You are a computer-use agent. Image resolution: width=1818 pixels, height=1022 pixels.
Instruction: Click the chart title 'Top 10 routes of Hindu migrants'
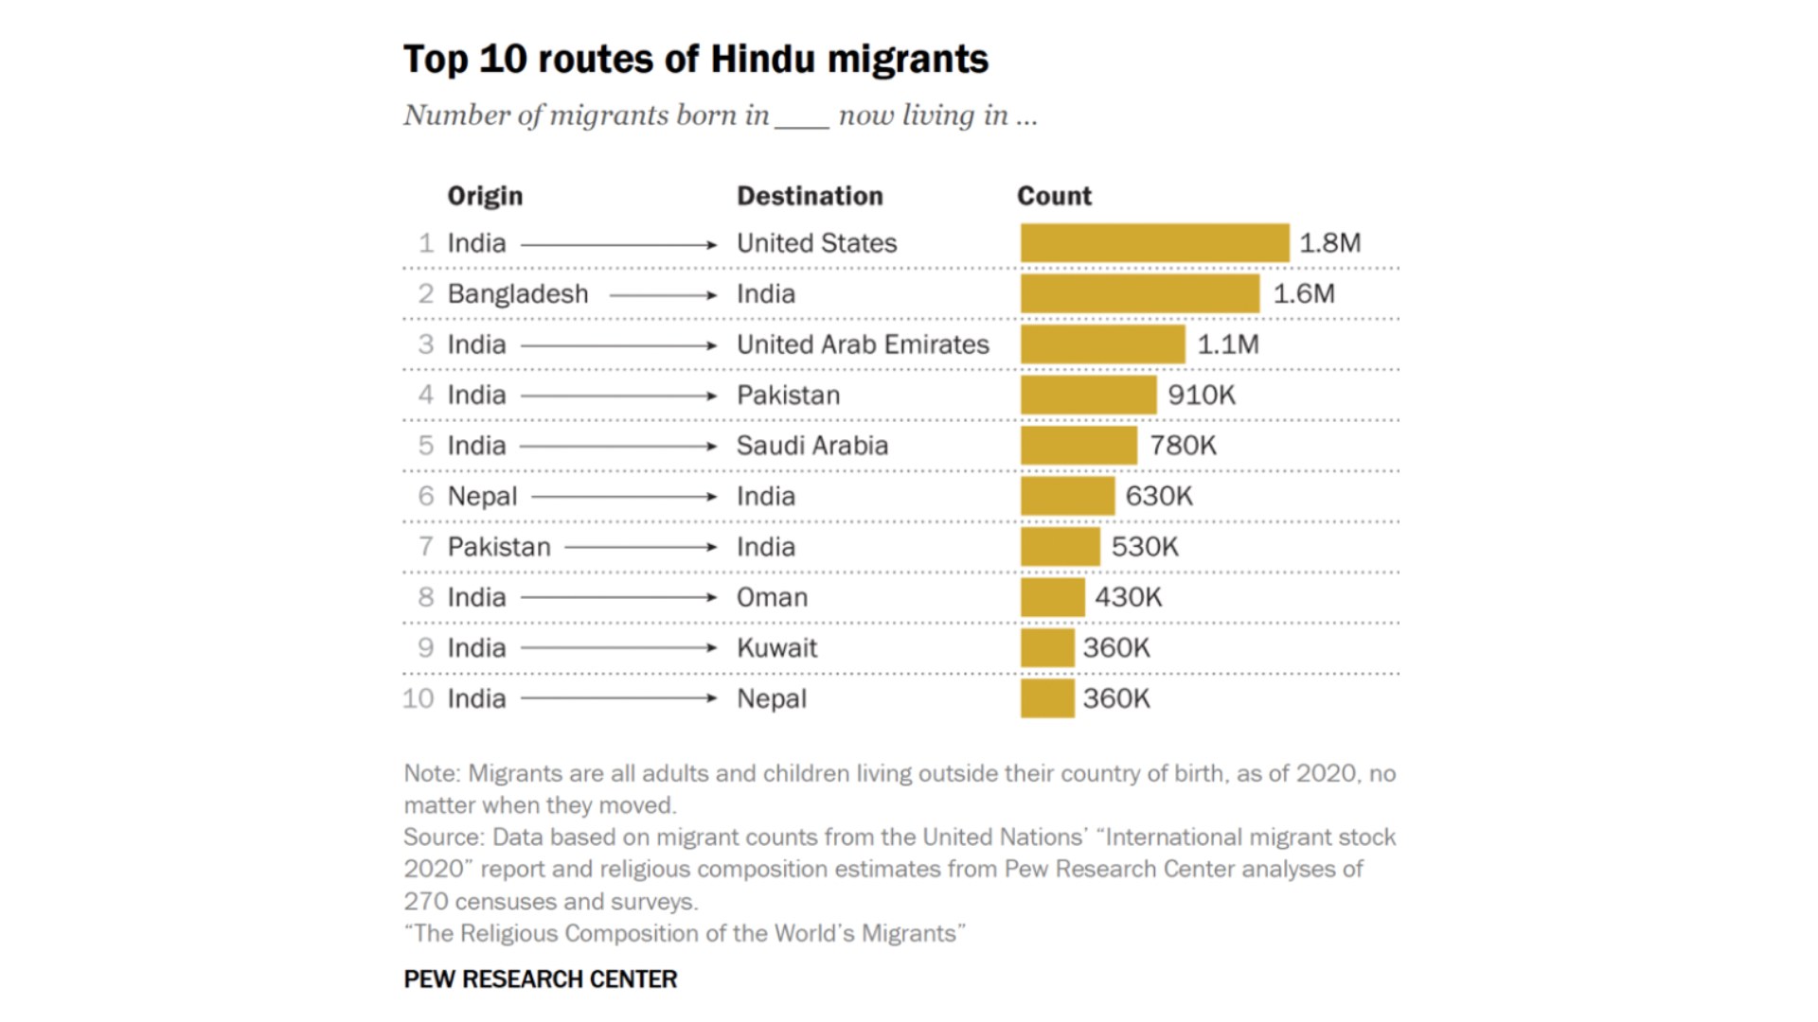695,59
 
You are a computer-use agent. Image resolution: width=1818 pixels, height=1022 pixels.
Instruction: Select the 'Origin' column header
485,196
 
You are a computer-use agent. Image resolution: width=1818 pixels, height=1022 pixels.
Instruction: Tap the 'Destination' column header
810,196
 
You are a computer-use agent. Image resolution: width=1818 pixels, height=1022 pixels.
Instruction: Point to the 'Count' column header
1054,196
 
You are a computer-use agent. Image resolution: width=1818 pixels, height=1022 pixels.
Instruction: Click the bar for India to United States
1154,243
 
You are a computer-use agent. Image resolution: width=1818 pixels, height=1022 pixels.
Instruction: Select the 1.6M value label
1304,294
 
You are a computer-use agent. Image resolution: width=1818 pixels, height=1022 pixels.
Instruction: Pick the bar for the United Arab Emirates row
1102,344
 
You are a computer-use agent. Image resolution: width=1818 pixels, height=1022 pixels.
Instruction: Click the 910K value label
1201,396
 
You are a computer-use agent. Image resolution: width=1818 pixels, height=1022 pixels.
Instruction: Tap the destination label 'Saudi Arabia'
812,446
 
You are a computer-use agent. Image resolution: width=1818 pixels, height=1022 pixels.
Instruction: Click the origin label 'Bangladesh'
518,294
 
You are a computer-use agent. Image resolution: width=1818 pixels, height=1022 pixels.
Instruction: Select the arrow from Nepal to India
625,497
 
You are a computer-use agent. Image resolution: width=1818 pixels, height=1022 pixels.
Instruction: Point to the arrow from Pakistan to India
641,547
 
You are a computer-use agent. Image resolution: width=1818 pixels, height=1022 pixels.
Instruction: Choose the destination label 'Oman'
772,598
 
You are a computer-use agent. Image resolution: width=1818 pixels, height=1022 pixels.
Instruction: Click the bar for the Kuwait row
1047,648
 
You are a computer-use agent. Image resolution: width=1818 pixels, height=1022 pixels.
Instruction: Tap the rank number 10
418,699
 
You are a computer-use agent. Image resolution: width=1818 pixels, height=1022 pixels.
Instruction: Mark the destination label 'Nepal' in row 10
772,699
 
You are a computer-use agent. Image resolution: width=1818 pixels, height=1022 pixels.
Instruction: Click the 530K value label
1144,547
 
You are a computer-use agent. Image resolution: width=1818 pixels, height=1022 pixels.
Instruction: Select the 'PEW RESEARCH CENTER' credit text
540,979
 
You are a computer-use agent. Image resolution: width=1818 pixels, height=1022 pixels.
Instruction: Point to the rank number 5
426,446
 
